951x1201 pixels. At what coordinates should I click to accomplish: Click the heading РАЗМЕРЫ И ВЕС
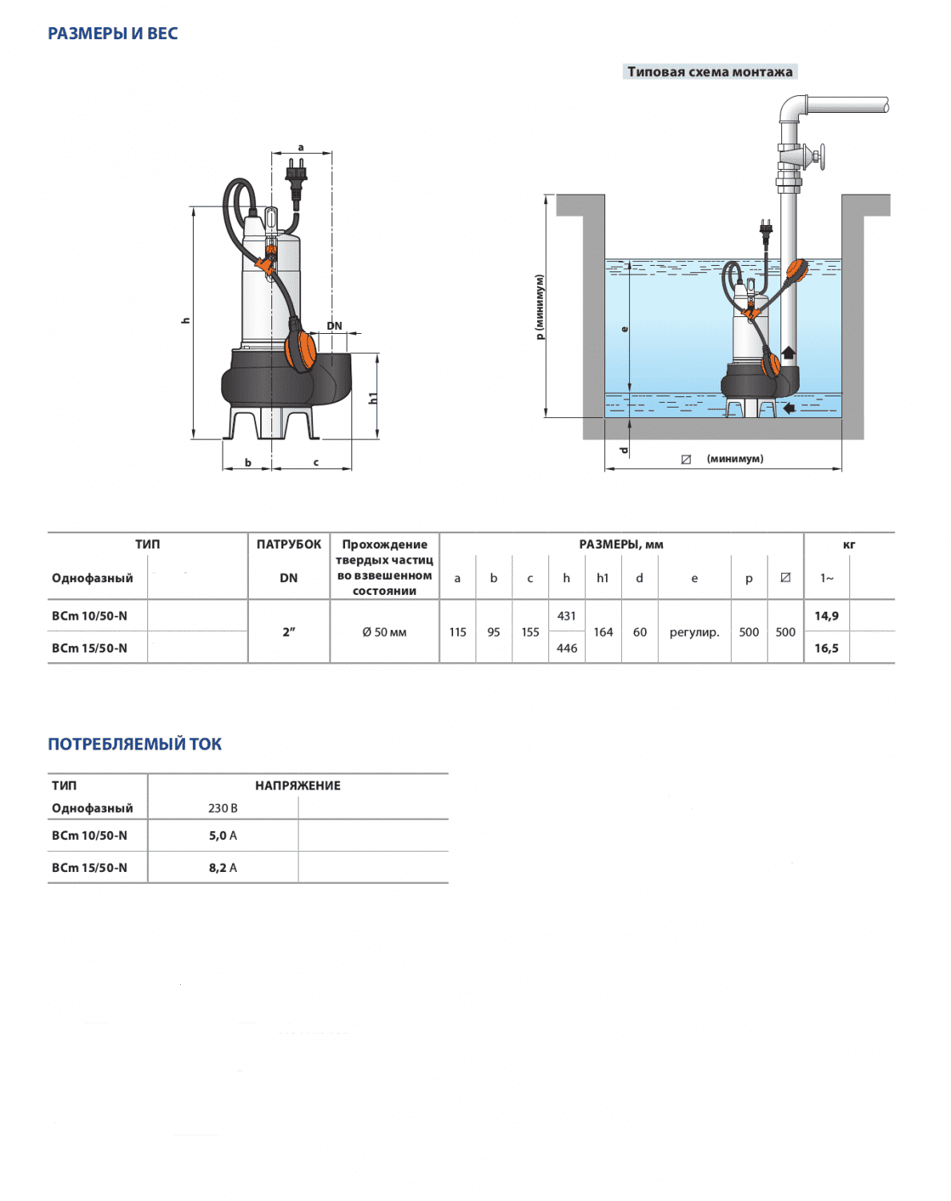[x=113, y=34]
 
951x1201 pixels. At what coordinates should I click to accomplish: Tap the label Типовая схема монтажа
[x=709, y=71]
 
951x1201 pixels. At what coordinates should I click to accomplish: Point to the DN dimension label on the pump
[x=335, y=325]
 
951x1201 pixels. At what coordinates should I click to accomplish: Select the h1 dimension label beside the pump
[x=373, y=398]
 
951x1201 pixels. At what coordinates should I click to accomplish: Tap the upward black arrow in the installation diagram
[x=788, y=352]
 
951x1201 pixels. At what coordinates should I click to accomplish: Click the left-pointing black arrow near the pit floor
[x=788, y=408]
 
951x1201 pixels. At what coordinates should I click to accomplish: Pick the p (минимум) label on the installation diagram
[x=539, y=307]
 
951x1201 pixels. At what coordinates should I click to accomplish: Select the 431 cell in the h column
[x=567, y=616]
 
